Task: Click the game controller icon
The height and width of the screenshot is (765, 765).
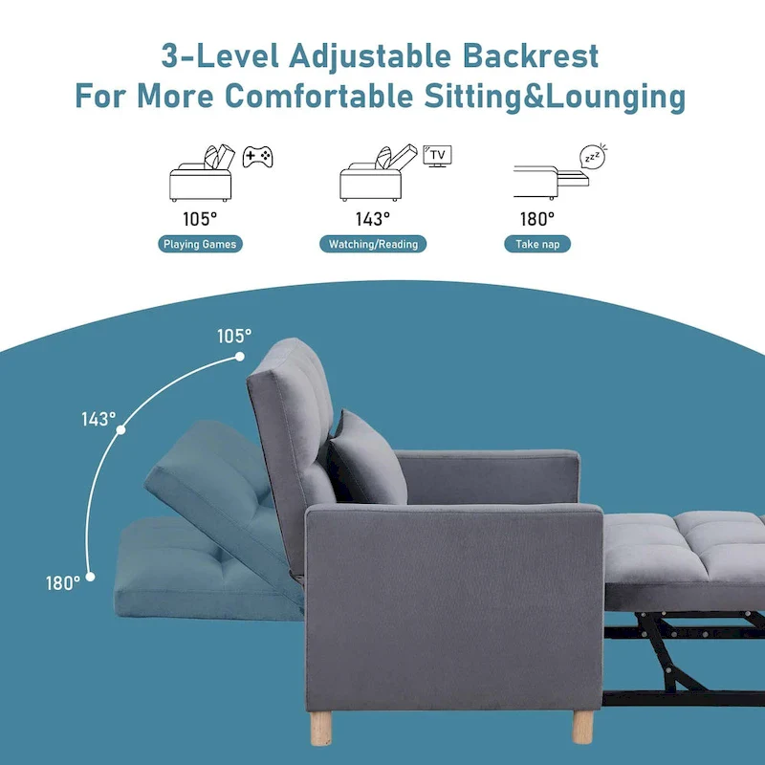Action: [x=255, y=156]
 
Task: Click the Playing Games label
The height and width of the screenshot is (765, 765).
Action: [x=200, y=244]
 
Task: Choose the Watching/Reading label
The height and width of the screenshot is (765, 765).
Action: [x=373, y=244]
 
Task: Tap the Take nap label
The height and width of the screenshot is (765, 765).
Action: [x=537, y=244]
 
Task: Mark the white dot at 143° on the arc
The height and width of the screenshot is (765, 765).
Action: [x=120, y=431]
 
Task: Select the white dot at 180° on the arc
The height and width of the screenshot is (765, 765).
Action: [x=91, y=576]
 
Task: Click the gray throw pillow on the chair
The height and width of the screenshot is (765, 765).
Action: [x=365, y=458]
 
